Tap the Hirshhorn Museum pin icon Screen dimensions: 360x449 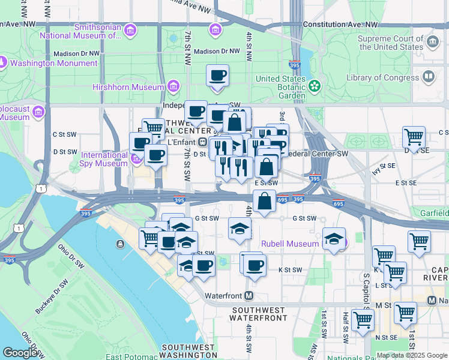coord(174,87)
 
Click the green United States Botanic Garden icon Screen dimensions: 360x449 coord(315,86)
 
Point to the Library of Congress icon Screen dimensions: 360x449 coord(429,77)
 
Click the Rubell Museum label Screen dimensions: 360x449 coord(290,244)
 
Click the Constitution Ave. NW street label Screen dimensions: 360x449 coord(342,25)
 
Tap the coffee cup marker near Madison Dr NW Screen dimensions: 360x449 coord(217,76)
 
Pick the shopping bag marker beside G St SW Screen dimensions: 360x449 coord(264,202)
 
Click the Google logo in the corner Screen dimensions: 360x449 coord(20,353)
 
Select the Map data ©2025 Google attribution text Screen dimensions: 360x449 coord(412,355)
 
